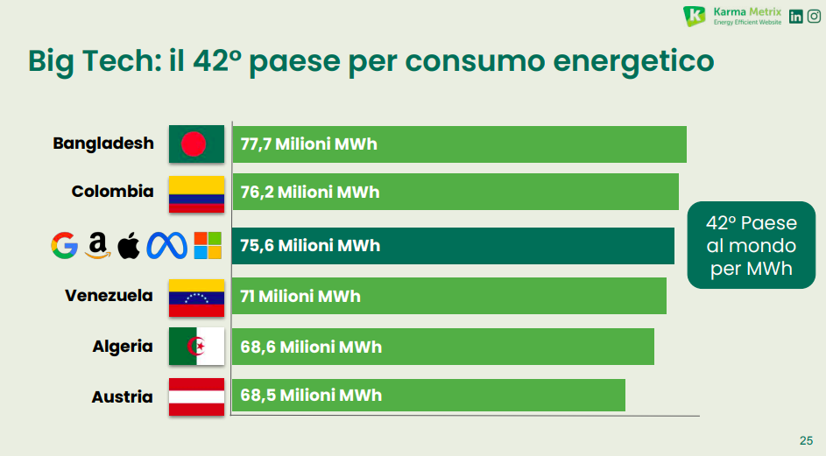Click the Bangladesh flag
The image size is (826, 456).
pos(197,144)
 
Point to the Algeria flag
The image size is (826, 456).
pos(197,347)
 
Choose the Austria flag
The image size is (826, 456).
pos(197,397)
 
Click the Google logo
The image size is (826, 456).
pos(65,246)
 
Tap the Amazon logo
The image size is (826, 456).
pos(97,246)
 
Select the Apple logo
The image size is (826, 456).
pos(128,246)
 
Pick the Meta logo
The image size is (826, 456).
pos(167,246)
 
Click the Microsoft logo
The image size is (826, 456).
pos(208,246)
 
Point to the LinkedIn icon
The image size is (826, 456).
pos(796,16)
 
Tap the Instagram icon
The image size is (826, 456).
pos(814,16)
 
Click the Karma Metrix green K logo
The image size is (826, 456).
pos(695,16)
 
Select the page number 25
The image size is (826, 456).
pos(806,440)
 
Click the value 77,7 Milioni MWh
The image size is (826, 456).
pos(308,144)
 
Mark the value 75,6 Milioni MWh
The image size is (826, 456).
pos(310,246)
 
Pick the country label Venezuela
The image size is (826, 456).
pos(109,296)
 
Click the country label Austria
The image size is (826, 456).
pos(122,397)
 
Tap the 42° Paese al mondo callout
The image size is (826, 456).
pos(752,246)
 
